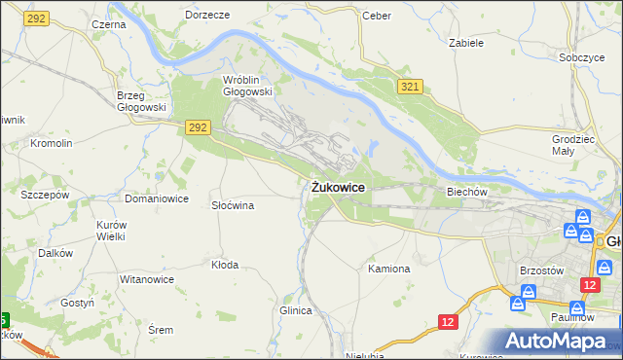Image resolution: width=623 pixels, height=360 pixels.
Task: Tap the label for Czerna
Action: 109,23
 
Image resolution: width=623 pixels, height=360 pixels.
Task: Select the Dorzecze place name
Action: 207,16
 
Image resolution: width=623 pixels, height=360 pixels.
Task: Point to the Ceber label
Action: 376,16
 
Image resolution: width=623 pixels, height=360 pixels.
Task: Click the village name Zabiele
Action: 467,43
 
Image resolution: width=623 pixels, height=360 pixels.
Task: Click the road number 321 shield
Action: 410,88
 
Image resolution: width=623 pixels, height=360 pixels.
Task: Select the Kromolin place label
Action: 52,143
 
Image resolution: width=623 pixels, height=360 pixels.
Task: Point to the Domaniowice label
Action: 156,198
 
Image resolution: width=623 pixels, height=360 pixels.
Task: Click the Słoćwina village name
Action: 233,205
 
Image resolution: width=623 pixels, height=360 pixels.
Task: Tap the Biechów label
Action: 466,192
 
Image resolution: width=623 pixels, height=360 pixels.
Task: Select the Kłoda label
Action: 225,264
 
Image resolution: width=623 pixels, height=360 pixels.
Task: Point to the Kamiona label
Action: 389,268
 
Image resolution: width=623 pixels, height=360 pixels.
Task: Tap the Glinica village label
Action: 295,310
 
